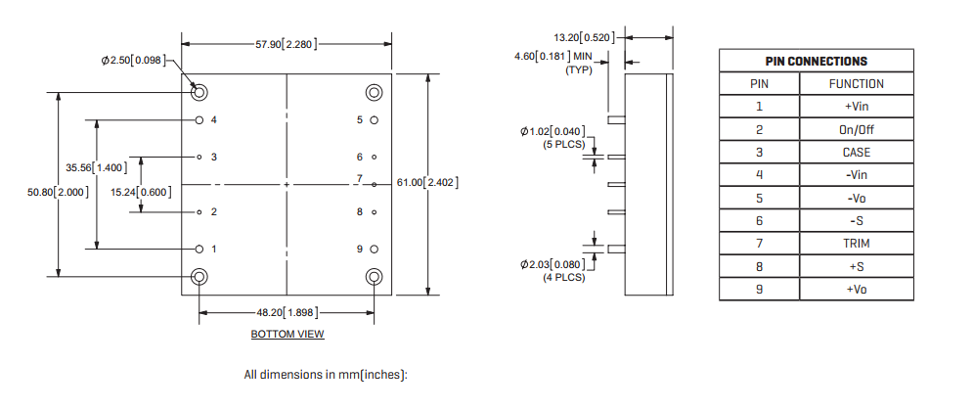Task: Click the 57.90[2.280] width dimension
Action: (x=286, y=44)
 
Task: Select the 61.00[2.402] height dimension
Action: (x=427, y=183)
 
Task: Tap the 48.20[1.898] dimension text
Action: (x=287, y=313)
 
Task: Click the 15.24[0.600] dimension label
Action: (x=140, y=192)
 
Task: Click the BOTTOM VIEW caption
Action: (x=287, y=335)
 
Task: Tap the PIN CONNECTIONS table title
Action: (x=816, y=61)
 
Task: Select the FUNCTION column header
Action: (x=856, y=84)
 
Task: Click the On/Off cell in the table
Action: (x=856, y=129)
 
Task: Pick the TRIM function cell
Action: (x=856, y=244)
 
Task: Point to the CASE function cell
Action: (x=856, y=153)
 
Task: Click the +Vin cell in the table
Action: (x=856, y=107)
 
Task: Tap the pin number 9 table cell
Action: (x=759, y=290)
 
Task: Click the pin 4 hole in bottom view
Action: (x=199, y=120)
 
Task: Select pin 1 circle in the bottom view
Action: (x=199, y=249)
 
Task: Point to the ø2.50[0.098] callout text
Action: (x=137, y=61)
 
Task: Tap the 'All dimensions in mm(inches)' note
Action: (x=326, y=375)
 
